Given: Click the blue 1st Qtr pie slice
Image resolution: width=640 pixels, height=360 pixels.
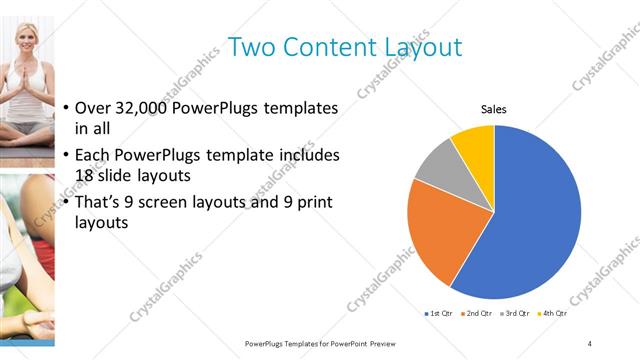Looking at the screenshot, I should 530,220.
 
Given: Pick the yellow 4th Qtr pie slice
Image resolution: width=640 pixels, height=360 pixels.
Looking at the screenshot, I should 474,148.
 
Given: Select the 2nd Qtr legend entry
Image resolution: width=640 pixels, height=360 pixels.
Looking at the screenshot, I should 478,314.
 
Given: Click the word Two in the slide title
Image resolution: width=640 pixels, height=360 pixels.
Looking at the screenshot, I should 251,47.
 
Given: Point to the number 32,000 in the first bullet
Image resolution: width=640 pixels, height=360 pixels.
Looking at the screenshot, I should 151,108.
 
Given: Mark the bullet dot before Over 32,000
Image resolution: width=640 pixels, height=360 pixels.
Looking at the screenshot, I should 66,108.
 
